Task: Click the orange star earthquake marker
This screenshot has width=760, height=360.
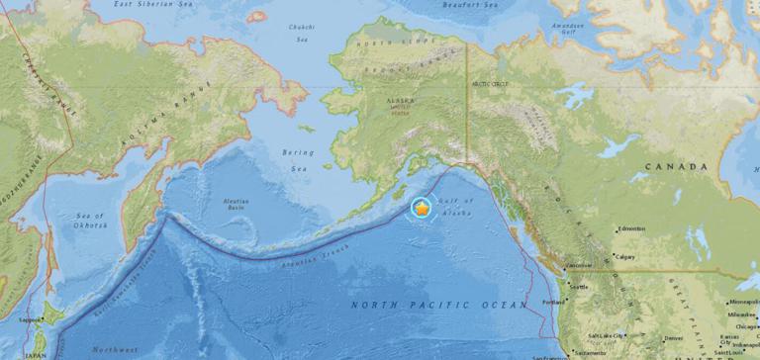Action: click(422, 209)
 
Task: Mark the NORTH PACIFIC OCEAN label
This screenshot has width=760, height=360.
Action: click(438, 306)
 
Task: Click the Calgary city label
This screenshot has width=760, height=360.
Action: click(625, 256)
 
